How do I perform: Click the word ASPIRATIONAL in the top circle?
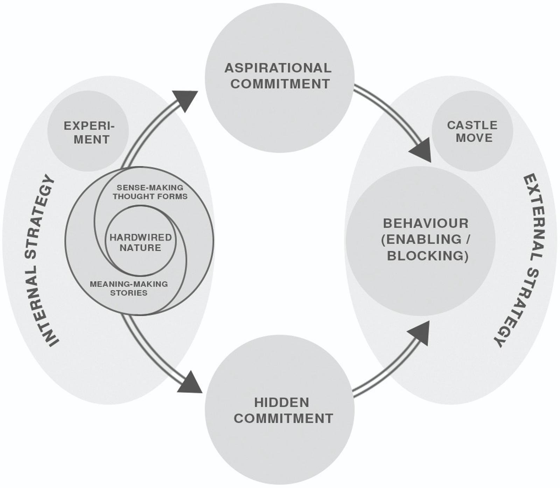pyautogui.click(x=278, y=68)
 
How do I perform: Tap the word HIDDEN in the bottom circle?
pyautogui.click(x=282, y=402)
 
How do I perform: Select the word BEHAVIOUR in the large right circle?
pyautogui.click(x=426, y=223)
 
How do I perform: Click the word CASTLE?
pyautogui.click(x=472, y=125)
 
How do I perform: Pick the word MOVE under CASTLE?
pyautogui.click(x=474, y=138)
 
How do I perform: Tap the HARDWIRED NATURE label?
pyautogui.click(x=141, y=242)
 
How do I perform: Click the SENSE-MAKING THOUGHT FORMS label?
pyautogui.click(x=150, y=192)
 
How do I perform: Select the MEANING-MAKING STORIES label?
pyautogui.click(x=129, y=288)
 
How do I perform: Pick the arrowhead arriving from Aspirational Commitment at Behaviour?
pyautogui.click(x=421, y=150)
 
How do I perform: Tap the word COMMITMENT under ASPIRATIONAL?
pyautogui.click(x=280, y=84)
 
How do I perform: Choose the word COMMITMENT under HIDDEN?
pyautogui.click(x=283, y=418)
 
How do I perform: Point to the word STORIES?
pyautogui.click(x=129, y=293)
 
